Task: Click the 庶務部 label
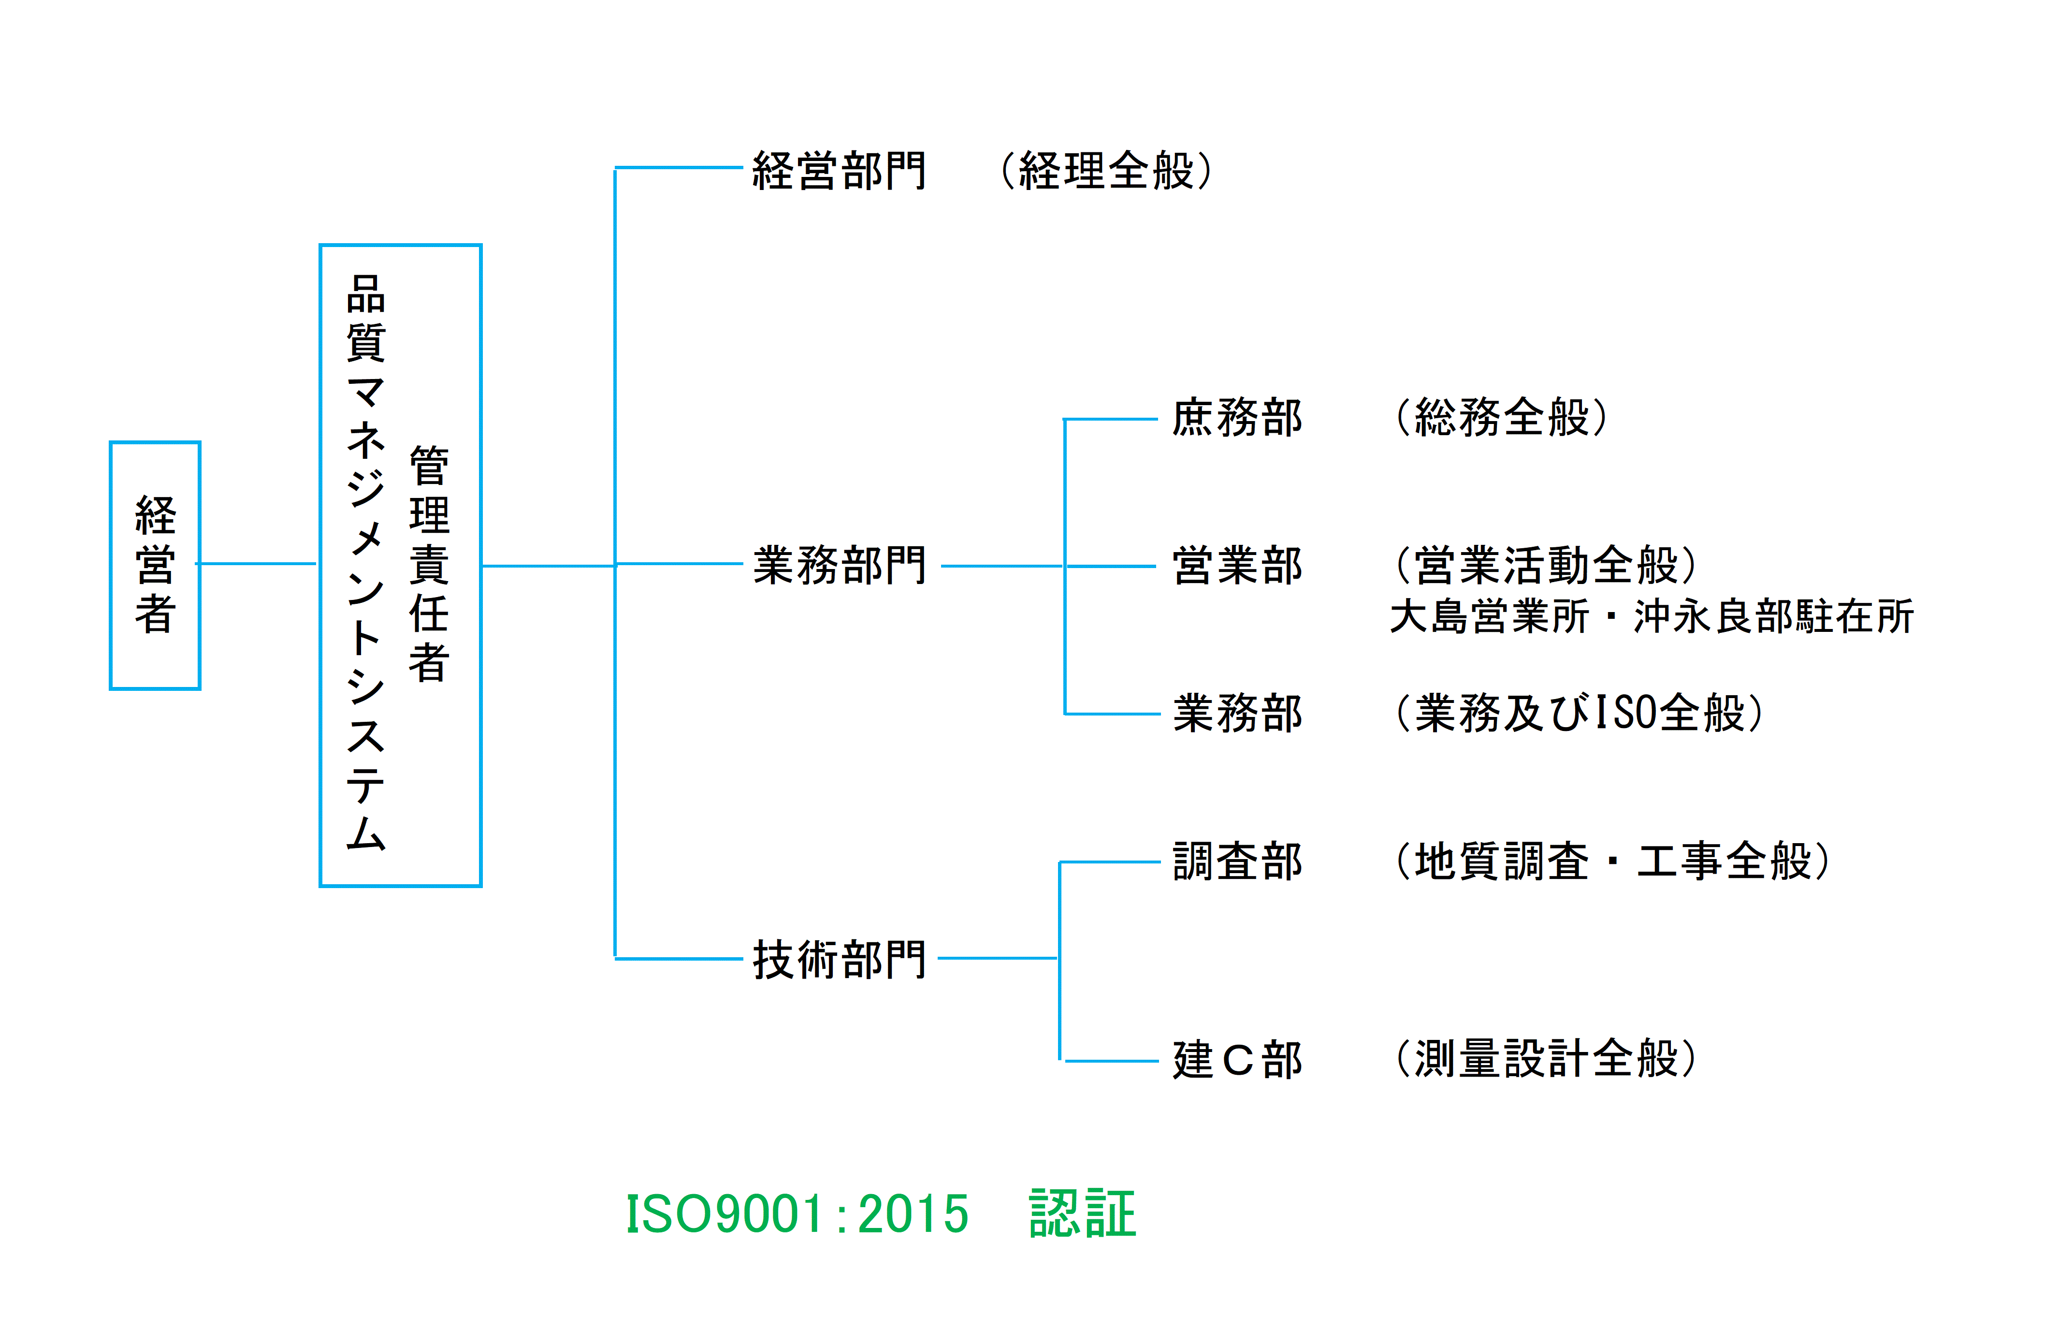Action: click(x=1237, y=418)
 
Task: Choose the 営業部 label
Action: click(x=1237, y=566)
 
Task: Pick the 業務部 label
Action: click(x=1237, y=714)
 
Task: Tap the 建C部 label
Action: click(x=1237, y=1059)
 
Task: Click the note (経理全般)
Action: click(x=1106, y=171)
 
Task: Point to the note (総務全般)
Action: click(x=1502, y=418)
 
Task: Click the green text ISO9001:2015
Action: click(x=797, y=1213)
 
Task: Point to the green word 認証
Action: click(x=1082, y=1213)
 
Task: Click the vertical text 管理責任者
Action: click(x=429, y=564)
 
